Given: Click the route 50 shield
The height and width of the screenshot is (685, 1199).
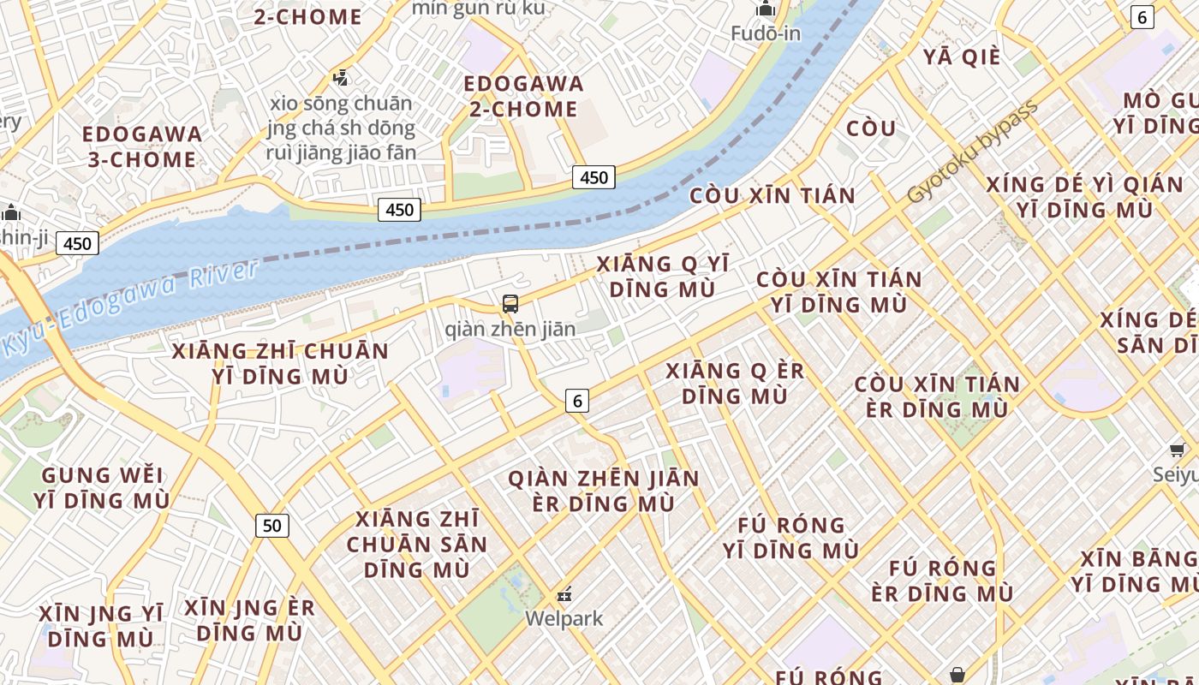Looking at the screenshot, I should point(272,525).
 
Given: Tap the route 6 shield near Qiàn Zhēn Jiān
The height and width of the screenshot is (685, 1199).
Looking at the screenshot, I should point(577,400).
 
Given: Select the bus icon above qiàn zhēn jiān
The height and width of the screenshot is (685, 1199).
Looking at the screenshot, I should point(510,303).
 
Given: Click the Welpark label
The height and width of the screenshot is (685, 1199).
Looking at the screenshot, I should point(564,618).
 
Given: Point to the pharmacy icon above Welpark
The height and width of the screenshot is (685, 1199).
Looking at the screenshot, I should point(564,593).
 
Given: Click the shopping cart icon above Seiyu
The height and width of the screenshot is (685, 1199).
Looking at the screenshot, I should point(1178,450).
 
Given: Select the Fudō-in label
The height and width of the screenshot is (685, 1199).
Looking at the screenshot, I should point(766,33).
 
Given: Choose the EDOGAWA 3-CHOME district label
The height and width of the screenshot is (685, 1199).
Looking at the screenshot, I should point(143,146).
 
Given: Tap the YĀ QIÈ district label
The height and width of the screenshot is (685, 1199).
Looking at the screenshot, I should point(962,57).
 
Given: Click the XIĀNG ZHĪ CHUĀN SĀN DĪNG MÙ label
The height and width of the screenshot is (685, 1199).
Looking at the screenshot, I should point(417,544).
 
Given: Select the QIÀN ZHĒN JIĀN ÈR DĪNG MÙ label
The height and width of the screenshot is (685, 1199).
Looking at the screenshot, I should point(604,491).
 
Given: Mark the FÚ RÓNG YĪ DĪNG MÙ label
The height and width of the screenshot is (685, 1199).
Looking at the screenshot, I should point(790,537).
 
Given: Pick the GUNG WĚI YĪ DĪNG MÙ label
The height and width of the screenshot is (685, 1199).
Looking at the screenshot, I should point(102,487).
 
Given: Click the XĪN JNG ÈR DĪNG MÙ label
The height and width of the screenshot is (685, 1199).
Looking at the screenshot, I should point(250,620).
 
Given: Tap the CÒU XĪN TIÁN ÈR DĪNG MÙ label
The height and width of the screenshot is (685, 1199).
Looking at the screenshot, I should point(937,396).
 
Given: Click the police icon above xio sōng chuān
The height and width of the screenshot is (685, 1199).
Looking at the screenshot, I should point(341,78).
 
